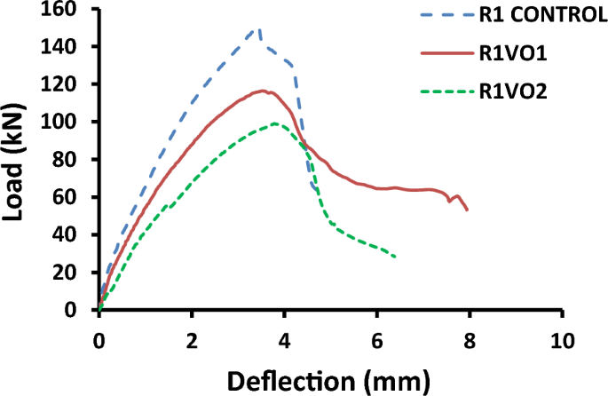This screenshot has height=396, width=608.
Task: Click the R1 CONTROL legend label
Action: tap(537, 13)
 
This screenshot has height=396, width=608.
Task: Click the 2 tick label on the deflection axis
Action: tap(191, 341)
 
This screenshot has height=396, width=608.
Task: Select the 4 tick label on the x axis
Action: tap(283, 341)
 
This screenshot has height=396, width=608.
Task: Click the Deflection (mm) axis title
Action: tap(329, 380)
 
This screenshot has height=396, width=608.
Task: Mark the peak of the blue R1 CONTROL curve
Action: tap(258, 28)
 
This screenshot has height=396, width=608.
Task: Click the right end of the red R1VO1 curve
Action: tap(467, 210)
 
